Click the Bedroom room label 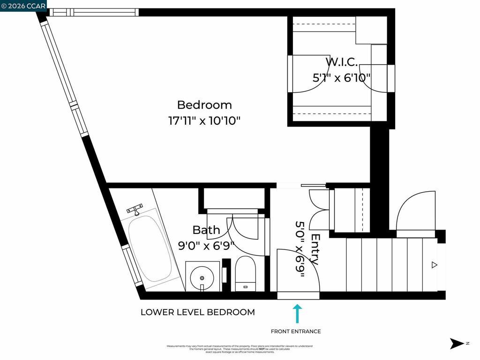(204, 105)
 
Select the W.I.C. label (342, 61)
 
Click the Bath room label (206, 230)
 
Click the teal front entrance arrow (297, 314)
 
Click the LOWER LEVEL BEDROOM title (198, 312)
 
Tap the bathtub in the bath (150, 248)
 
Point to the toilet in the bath (245, 273)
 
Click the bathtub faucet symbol (135, 209)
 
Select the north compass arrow (456, 344)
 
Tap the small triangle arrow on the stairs (434, 265)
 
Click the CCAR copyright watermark (23, 6)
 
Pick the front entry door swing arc (298, 272)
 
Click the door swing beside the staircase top (415, 211)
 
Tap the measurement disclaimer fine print (240, 349)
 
